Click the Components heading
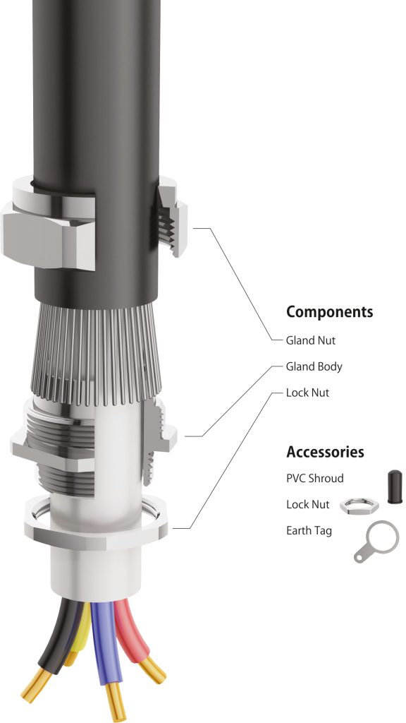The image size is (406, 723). (x=329, y=312)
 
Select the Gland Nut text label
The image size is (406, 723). (x=310, y=340)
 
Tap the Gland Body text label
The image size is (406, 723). (x=314, y=367)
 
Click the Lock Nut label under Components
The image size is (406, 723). (x=307, y=393)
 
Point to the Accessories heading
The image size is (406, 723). (x=325, y=452)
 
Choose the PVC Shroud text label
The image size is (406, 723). (x=314, y=479)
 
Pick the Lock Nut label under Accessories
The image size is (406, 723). (x=307, y=505)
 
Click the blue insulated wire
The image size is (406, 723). (x=102, y=643)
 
